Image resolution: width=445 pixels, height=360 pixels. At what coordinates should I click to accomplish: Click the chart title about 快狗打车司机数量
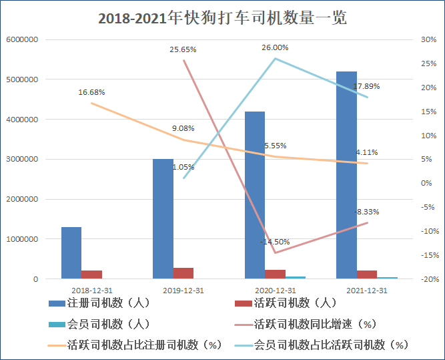pos(222,18)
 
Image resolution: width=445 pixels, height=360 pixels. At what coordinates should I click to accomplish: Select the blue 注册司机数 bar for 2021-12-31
pos(346,175)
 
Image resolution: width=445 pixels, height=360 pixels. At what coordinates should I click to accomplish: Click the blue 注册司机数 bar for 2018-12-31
pos(71,252)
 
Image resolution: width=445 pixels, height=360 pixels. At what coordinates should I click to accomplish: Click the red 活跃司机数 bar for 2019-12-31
pos(183,273)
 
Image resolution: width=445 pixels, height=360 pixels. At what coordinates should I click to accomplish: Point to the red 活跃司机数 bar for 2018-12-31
pos(91,275)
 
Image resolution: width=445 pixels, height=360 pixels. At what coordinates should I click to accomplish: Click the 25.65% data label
pos(183,49)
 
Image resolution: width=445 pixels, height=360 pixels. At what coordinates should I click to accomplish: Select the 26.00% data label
pos(275,47)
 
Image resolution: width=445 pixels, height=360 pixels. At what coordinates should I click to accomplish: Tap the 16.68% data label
pos(91,92)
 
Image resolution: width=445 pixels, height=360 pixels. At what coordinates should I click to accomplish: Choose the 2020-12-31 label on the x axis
pos(275,291)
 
